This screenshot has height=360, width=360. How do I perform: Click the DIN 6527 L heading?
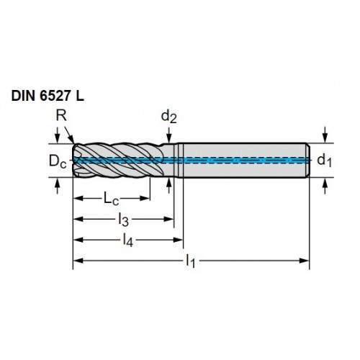pos(48,96)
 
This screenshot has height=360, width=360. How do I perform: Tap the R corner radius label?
pos(61,116)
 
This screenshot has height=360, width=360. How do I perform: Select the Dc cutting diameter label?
pos(58,161)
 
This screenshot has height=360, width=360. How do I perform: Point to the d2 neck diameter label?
pos(169,117)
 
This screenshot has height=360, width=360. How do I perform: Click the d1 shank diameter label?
pos(324,161)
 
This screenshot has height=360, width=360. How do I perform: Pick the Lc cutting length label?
pos(111,199)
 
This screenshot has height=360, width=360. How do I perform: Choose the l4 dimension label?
pos(127,240)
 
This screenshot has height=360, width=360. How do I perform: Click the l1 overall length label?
pos(191,261)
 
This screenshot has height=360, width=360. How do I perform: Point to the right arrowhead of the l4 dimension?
pos(178,240)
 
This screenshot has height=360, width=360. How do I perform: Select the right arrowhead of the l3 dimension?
pos(168,219)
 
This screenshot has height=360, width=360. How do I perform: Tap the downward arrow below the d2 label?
pos(169,135)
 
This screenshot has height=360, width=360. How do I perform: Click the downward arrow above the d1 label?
pos(325,135)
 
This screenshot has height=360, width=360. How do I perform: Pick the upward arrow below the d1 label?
pos(325,186)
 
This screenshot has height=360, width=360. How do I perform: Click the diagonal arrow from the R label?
pos(69,135)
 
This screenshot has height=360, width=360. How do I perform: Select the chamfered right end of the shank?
pos(308,161)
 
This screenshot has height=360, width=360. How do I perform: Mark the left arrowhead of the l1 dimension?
pos(78,261)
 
